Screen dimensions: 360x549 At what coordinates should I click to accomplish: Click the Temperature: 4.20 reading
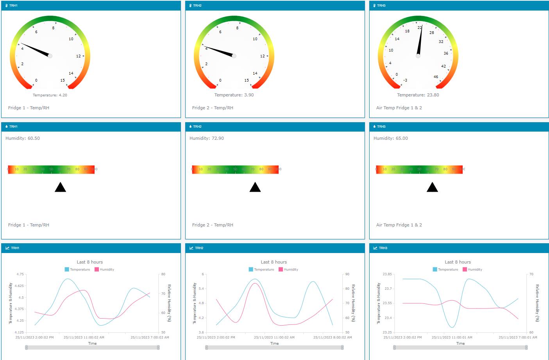click(50, 95)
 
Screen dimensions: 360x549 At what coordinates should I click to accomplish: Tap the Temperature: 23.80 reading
click(418, 95)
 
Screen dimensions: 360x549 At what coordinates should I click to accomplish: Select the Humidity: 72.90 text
click(206, 138)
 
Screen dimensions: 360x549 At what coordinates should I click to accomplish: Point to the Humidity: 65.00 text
click(390, 138)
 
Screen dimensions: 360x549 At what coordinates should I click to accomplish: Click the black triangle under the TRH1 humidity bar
click(60, 187)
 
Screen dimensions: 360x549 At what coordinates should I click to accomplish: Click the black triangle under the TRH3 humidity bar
click(432, 187)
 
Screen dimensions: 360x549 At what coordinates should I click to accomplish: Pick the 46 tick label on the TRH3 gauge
click(436, 77)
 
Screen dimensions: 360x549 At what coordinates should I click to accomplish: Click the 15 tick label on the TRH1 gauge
click(63, 80)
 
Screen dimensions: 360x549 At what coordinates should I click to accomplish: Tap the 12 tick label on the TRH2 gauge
click(262, 56)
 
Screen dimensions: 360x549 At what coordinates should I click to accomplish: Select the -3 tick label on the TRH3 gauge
click(405, 80)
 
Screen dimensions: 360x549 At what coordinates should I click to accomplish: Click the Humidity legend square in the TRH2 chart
click(281, 269)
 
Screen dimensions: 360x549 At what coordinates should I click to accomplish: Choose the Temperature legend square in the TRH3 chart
click(435, 269)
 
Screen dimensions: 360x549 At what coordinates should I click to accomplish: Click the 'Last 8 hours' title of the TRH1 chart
click(90, 262)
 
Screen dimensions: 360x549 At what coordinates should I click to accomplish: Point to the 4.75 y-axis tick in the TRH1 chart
click(20, 274)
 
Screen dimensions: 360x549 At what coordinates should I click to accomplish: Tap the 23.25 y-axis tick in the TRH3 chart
click(387, 332)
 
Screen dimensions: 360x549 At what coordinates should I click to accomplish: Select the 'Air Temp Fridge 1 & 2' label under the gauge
click(399, 108)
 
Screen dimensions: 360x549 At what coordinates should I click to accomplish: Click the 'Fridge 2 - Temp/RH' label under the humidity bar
click(213, 225)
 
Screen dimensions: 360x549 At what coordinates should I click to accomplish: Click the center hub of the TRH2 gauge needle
click(234, 56)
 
